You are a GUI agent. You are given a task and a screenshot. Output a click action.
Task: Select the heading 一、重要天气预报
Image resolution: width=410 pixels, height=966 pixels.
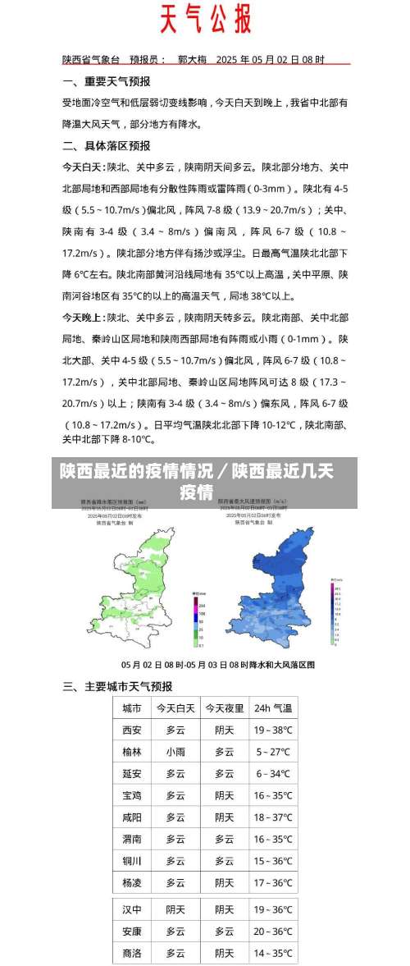click(x=107, y=81)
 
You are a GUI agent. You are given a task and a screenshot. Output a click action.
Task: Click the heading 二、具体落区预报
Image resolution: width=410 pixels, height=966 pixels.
click(x=107, y=145)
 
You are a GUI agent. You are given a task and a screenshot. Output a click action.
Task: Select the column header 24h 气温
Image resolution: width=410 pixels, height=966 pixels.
click(x=273, y=707)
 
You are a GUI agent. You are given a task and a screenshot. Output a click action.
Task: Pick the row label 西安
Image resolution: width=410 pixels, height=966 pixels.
click(x=132, y=730)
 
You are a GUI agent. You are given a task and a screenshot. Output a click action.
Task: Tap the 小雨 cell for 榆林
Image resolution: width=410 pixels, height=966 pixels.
click(x=175, y=752)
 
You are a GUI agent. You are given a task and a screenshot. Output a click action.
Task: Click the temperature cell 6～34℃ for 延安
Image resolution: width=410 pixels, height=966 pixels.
click(x=273, y=774)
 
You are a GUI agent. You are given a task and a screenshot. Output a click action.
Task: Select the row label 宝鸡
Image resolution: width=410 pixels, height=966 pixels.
click(x=132, y=795)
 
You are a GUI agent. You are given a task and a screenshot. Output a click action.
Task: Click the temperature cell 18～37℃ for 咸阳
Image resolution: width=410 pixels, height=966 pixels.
click(x=273, y=817)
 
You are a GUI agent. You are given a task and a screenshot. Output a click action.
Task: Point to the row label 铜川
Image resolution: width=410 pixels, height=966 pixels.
click(x=132, y=861)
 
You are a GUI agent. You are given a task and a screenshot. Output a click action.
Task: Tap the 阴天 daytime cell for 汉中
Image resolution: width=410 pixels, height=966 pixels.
click(x=175, y=910)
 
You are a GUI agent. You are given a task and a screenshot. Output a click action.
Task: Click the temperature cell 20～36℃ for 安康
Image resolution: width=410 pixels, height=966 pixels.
click(x=273, y=932)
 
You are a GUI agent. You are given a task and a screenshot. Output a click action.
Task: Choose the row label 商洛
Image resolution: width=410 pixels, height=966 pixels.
click(x=132, y=954)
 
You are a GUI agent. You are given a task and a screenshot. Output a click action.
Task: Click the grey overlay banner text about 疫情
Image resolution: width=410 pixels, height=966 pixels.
click(x=197, y=482)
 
